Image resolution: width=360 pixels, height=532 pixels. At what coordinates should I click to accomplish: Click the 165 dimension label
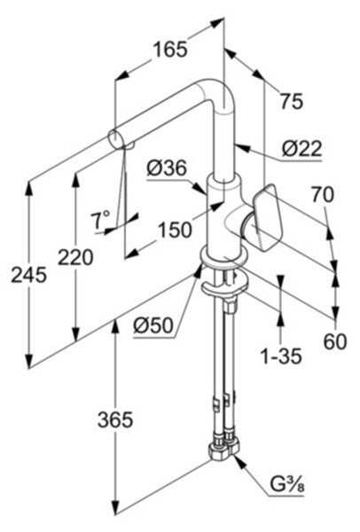tap(169, 50)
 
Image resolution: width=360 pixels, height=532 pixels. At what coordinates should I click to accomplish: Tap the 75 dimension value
tap(291, 101)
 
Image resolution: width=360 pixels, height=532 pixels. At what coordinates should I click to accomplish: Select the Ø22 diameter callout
tap(301, 148)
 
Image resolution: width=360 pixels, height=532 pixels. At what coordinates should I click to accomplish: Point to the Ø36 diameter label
tap(167, 168)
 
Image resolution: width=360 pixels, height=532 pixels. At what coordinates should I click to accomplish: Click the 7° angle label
tap(100, 219)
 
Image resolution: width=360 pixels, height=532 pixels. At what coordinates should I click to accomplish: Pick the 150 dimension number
tap(175, 230)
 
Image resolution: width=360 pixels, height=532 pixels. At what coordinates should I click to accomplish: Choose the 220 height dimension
tap(75, 257)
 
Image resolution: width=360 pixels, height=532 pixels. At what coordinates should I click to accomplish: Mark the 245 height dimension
tap(28, 275)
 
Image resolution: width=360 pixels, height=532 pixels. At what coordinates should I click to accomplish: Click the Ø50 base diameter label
tap(153, 326)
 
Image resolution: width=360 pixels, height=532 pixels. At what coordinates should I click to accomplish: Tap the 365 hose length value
tap(115, 420)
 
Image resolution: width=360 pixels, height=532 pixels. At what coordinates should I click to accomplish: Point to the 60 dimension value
tap(335, 341)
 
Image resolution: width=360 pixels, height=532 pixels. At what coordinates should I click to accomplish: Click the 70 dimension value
tap(323, 195)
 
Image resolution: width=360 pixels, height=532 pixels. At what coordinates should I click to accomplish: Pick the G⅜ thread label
tap(287, 485)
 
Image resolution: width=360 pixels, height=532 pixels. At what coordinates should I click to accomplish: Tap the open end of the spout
tap(114, 139)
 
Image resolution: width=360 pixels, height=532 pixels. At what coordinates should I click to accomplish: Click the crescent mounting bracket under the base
tap(224, 286)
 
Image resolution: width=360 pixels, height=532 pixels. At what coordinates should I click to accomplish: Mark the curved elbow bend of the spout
tap(212, 90)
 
